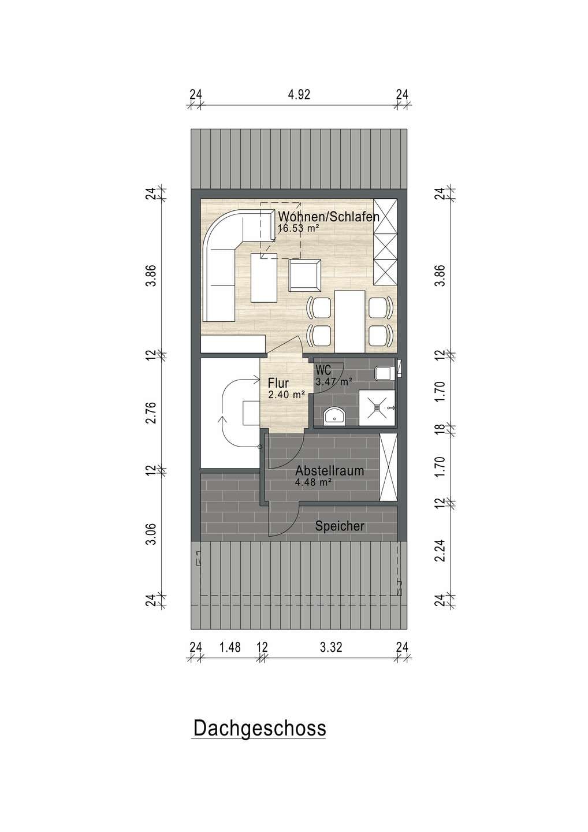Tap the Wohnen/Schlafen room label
[x=329, y=217]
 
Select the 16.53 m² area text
[x=299, y=228]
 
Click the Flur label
[x=278, y=383]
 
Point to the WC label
[x=323, y=370]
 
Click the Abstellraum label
[x=330, y=471]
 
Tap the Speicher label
[x=340, y=526]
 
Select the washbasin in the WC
[x=334, y=417]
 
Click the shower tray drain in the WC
[x=377, y=408]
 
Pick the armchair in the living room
[x=304, y=275]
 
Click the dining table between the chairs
[x=349, y=321]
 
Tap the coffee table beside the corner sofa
[x=264, y=277]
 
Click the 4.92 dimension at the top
[x=299, y=95]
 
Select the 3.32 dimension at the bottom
[x=331, y=647]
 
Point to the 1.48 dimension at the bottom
[x=230, y=647]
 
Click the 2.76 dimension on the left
[x=151, y=413]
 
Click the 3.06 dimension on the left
[x=151, y=535]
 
